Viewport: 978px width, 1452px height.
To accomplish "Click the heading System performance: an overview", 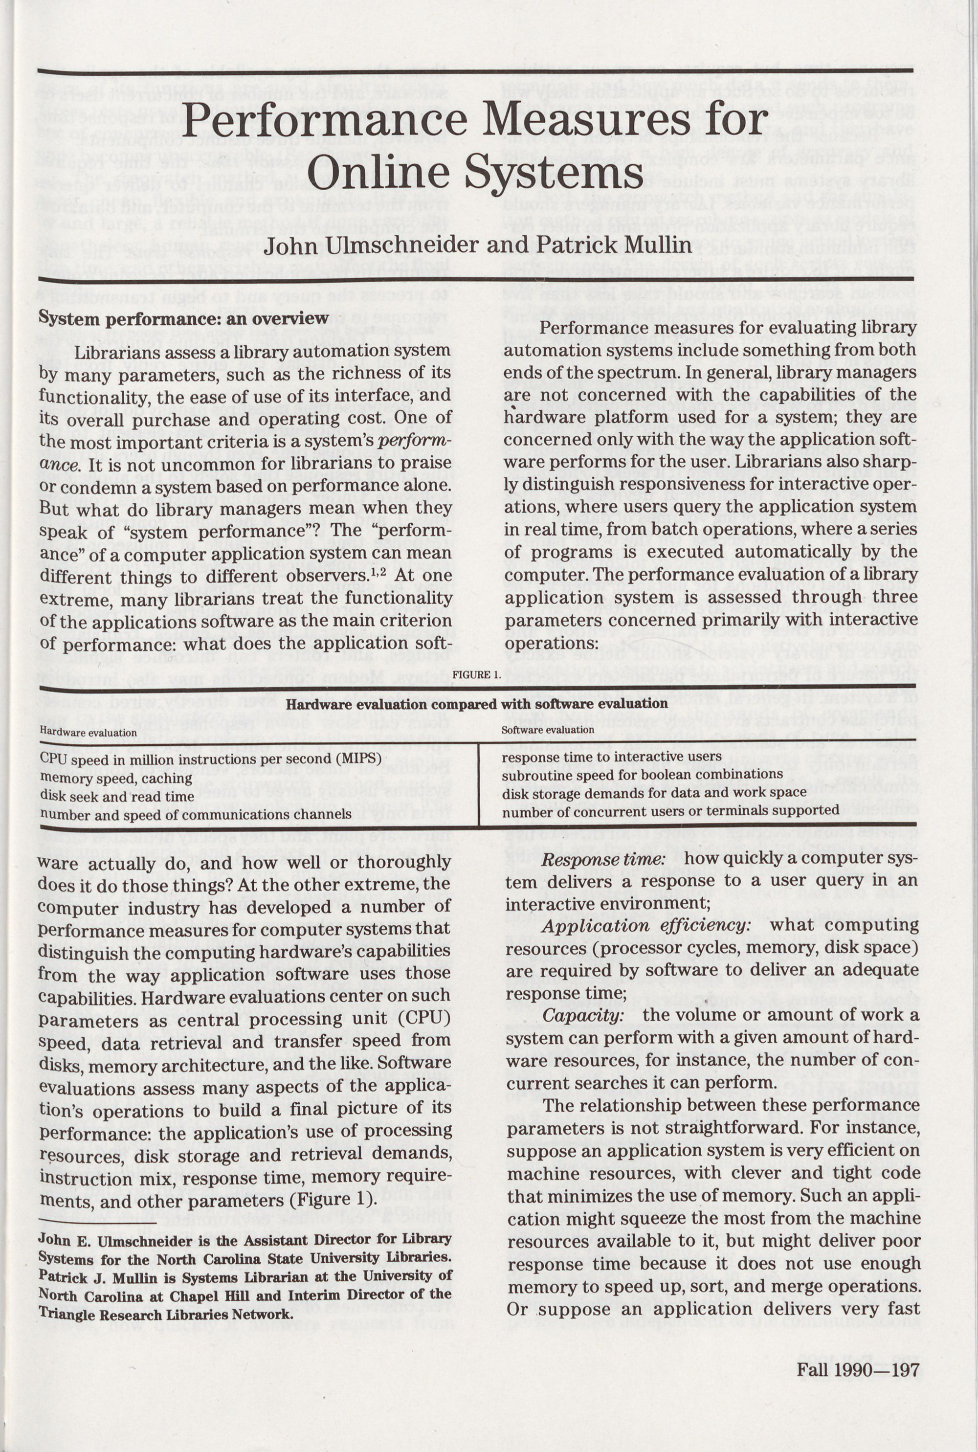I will click(183, 319).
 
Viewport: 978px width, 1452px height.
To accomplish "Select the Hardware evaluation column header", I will click(88, 733).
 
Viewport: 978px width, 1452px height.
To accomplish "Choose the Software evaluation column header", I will click(548, 730).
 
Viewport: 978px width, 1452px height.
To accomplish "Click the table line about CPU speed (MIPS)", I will click(210, 759).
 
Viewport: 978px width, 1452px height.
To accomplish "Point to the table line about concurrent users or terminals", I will click(670, 811).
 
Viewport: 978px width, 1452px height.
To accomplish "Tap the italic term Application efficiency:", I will click(645, 926).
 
